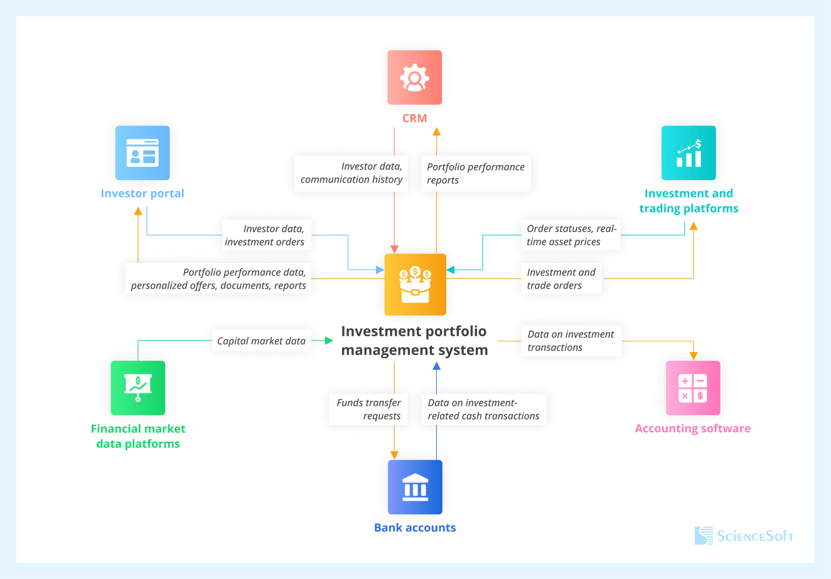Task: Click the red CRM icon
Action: tap(414, 78)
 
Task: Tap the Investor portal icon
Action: tap(142, 153)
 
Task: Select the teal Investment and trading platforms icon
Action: tap(689, 153)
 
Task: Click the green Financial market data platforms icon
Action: tap(138, 388)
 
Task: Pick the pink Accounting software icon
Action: tap(693, 388)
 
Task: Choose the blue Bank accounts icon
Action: tap(415, 487)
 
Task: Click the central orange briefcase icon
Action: tap(415, 284)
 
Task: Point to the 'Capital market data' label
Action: tap(261, 341)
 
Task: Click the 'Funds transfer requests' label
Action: tap(368, 409)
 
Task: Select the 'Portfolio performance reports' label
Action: tap(475, 173)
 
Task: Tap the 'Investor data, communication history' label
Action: tap(351, 173)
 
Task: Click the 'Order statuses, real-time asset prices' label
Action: tap(571, 235)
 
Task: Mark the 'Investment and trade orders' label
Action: tap(560, 279)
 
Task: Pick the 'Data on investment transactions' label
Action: tap(571, 341)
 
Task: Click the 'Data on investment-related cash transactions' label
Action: tap(483, 409)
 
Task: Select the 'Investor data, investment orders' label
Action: tap(265, 235)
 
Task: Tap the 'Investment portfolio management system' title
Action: tap(414, 341)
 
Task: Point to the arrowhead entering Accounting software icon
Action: tap(693, 356)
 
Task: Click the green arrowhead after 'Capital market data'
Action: tap(330, 341)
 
